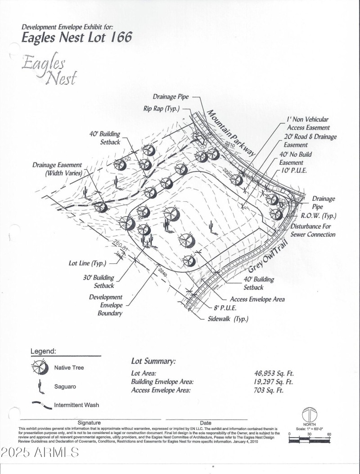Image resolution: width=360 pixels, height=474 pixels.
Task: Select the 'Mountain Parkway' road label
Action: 229,132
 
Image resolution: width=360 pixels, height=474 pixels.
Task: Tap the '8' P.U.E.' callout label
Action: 225,308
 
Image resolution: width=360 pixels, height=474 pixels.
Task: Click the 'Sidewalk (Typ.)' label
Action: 228,319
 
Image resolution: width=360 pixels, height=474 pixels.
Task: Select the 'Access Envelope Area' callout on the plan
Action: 257,299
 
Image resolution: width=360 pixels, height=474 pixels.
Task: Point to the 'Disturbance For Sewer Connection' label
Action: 313,230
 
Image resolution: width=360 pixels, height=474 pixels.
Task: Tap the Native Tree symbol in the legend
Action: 40,368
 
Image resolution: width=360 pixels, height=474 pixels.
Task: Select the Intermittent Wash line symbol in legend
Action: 41,404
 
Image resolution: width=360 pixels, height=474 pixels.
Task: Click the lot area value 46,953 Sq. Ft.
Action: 274,373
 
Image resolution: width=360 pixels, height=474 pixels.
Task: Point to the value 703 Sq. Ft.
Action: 269,390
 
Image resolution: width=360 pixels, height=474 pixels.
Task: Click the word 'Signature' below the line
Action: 89,423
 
